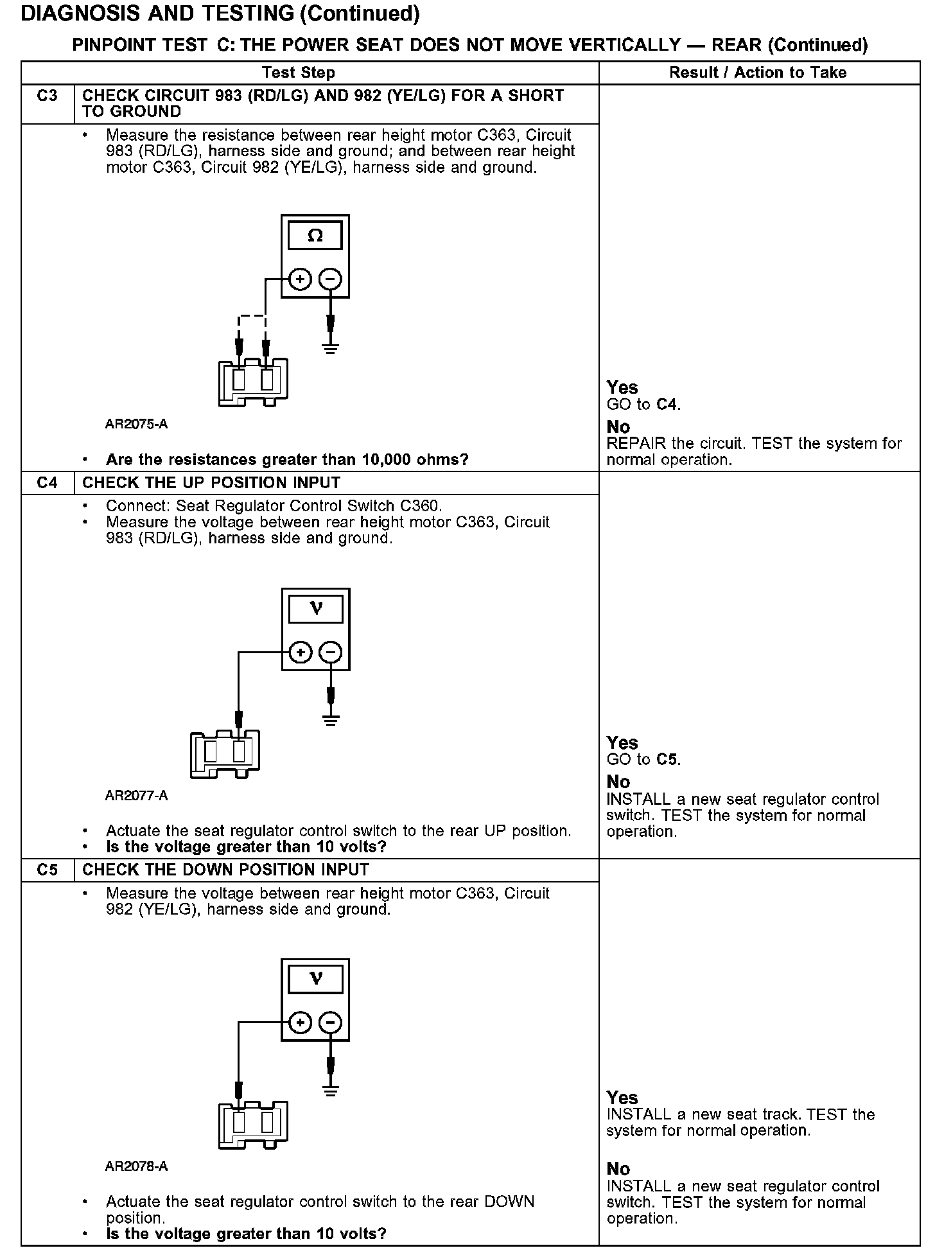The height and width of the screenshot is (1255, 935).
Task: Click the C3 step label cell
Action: [x=48, y=96]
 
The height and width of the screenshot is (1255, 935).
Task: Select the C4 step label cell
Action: [x=48, y=483]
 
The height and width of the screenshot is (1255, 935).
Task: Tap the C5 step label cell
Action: [x=48, y=870]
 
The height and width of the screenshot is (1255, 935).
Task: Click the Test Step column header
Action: [x=299, y=73]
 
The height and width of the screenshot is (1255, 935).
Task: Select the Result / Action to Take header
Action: [x=758, y=73]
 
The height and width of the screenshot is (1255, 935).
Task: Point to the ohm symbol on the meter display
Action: [x=315, y=236]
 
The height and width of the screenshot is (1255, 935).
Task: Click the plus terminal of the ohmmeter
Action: [x=300, y=279]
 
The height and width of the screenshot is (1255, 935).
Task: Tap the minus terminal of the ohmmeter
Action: [x=331, y=279]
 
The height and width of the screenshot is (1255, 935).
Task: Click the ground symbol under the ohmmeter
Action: [x=331, y=350]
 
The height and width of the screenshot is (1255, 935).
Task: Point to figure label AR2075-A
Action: [x=137, y=425]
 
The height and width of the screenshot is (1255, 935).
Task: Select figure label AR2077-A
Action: [x=137, y=796]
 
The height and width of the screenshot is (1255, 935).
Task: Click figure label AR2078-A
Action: [x=137, y=1166]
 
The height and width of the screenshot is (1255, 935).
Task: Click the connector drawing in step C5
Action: [x=253, y=1124]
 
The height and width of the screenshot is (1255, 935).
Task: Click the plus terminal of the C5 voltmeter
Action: [x=300, y=1022]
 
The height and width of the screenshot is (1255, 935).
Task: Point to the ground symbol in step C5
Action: [x=331, y=1091]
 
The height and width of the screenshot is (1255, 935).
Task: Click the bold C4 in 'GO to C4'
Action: [x=668, y=405]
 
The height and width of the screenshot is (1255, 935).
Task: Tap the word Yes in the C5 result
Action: [x=622, y=1098]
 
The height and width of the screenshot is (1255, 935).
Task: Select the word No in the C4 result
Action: [x=618, y=782]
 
